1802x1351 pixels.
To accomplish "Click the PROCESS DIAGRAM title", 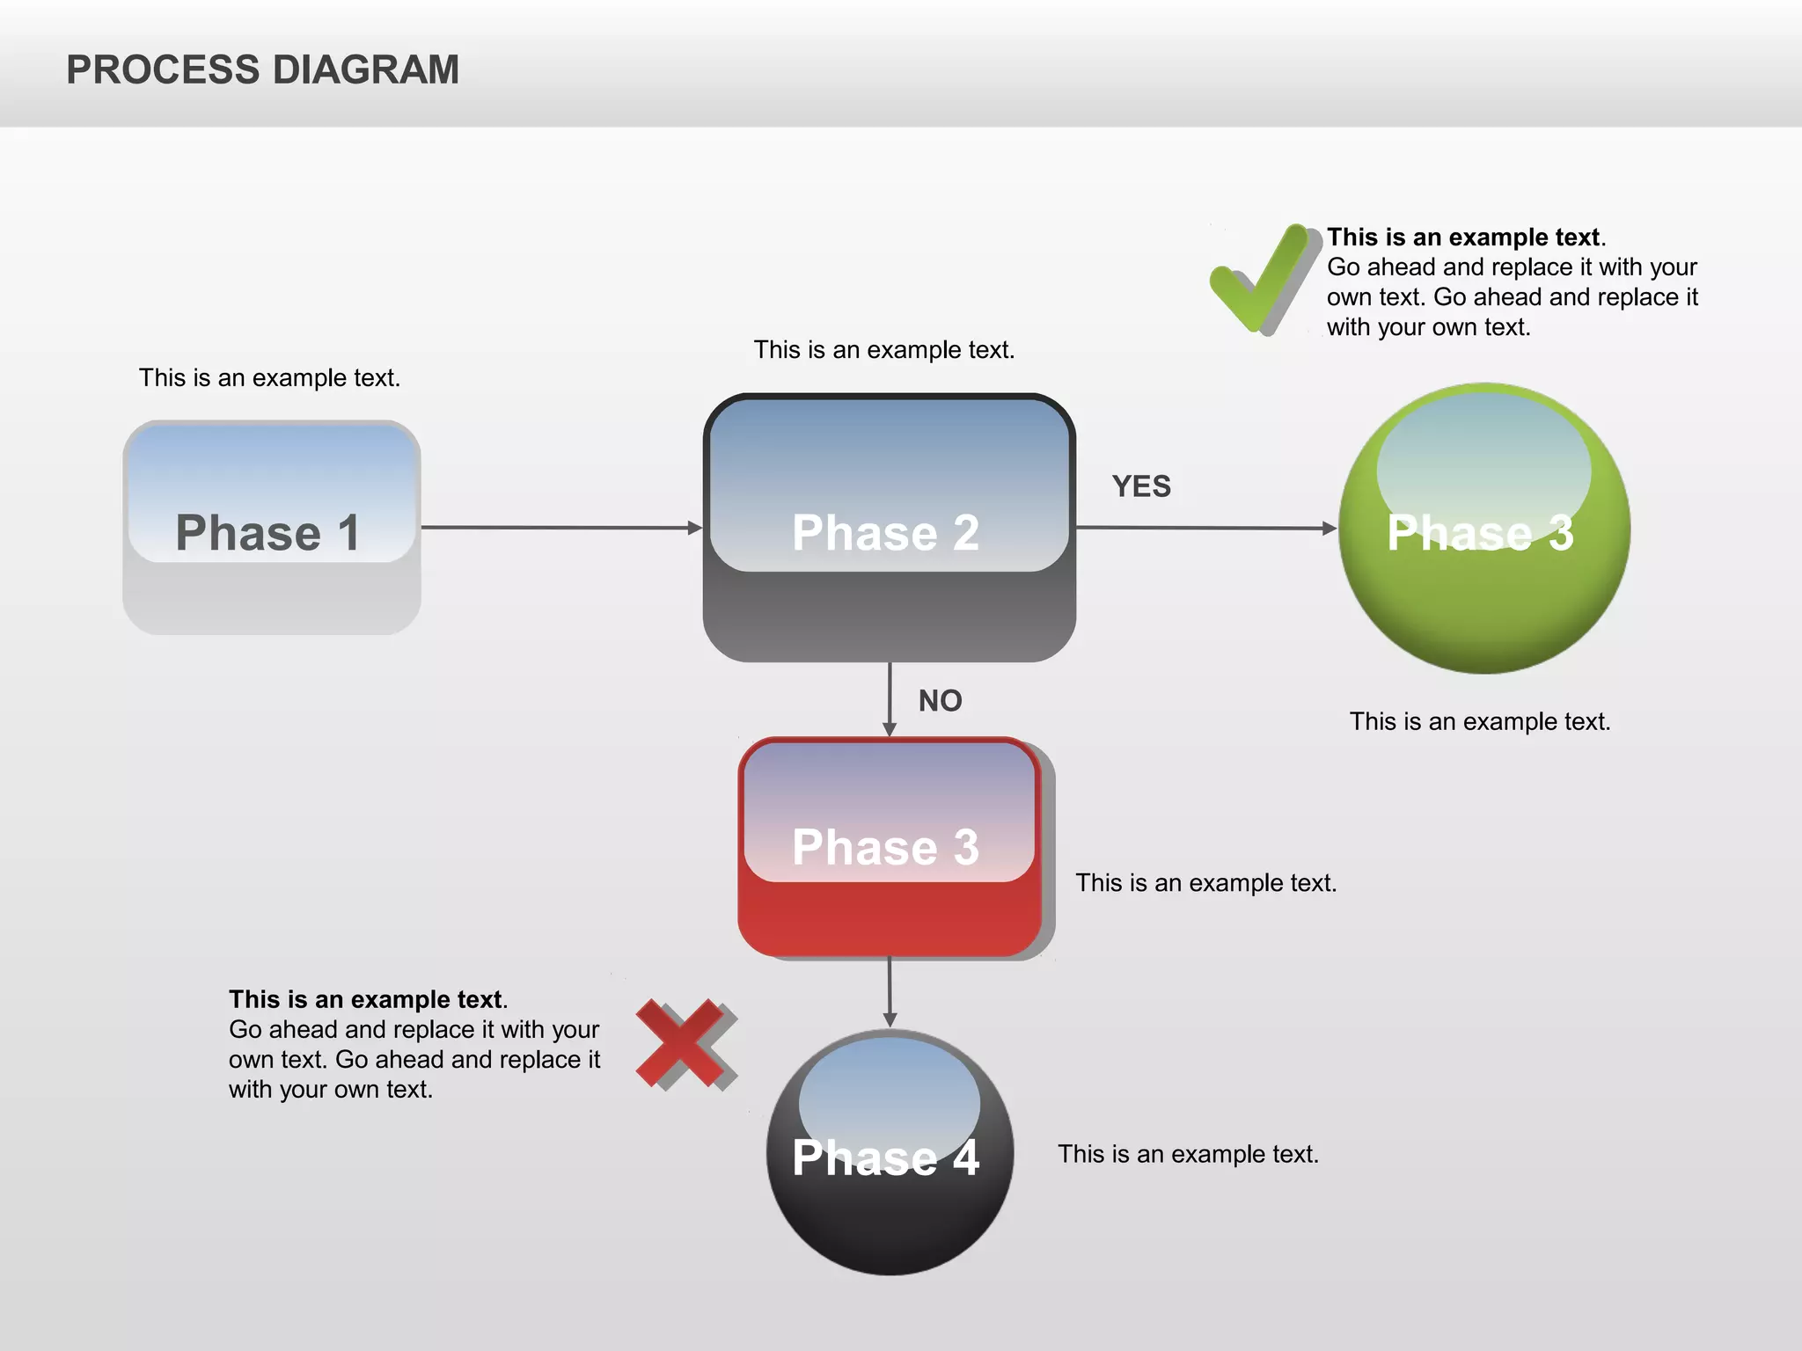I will pos(262,70).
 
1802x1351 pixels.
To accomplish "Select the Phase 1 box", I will pos(271,528).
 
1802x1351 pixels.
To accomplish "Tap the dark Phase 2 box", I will pos(889,528).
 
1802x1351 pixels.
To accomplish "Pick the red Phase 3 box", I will pos(889,847).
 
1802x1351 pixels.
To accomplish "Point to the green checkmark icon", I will pos(1260,278).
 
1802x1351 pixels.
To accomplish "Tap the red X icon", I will pos(685,1043).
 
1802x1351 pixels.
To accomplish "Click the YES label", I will pos(1141,486).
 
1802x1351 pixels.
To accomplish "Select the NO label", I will pos(940,701).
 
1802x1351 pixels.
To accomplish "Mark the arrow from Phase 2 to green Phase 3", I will pos(1205,528).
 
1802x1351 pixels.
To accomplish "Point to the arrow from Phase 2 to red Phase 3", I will pos(890,699).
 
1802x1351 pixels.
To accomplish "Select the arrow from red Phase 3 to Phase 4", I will pos(890,992).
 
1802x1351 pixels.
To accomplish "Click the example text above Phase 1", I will pos(269,378).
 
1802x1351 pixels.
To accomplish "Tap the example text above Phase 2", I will pos(883,350).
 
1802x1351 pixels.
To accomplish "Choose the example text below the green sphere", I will pos(1480,722).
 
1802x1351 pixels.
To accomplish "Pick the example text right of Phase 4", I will pos(1188,1154).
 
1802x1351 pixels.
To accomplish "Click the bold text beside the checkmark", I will pos(1463,237).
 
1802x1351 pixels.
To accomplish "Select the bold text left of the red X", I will pos(365,1000).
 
